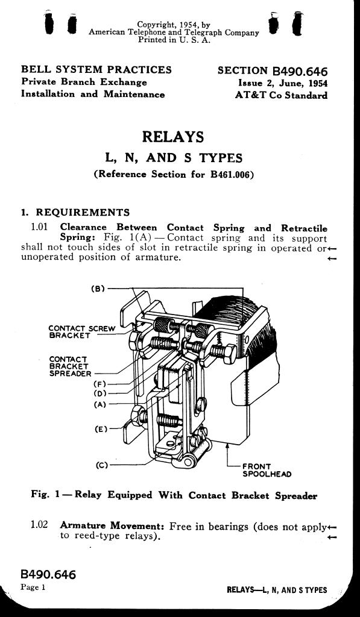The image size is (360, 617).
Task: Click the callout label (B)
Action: pyautogui.click(x=98, y=289)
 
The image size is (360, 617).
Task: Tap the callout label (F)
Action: pyautogui.click(x=100, y=384)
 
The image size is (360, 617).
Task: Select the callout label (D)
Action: pyautogui.click(x=100, y=393)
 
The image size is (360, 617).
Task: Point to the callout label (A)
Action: pyautogui.click(x=100, y=404)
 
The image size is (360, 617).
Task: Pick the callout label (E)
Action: pyautogui.click(x=101, y=429)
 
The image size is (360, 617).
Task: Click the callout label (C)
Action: pyautogui.click(x=102, y=465)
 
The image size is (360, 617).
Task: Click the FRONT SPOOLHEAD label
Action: pyautogui.click(x=267, y=470)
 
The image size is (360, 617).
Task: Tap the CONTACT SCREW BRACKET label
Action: pyautogui.click(x=83, y=332)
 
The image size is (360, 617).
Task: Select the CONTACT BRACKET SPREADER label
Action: pyautogui.click(x=71, y=366)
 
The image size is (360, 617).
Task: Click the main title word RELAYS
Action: pyautogui.click(x=173, y=137)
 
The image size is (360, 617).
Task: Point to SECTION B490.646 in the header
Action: pyautogui.click(x=273, y=71)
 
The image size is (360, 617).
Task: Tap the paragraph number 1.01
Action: pyautogui.click(x=39, y=227)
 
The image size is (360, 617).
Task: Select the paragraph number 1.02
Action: pyautogui.click(x=39, y=525)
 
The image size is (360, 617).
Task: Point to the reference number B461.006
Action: pyautogui.click(x=230, y=174)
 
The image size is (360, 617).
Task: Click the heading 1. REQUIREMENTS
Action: pyautogui.click(x=75, y=213)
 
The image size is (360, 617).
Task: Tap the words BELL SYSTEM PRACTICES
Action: pyautogui.click(x=96, y=70)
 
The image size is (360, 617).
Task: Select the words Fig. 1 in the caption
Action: pyautogui.click(x=46, y=495)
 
